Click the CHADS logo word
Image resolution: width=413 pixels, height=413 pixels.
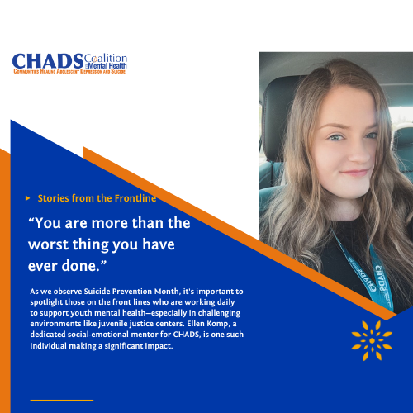point(48,62)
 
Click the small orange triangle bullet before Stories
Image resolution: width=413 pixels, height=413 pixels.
point(29,198)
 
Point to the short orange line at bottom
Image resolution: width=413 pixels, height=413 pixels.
point(61,400)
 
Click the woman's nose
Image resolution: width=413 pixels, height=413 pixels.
point(355,153)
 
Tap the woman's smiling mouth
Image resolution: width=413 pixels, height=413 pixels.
point(355,171)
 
